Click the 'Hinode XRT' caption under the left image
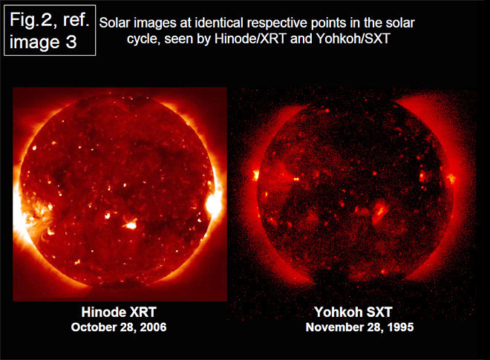119,312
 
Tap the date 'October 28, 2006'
119,327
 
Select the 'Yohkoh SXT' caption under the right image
353,312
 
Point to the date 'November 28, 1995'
359,327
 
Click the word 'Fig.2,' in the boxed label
32,20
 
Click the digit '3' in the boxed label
71,42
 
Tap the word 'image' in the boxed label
34,43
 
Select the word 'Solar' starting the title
114,23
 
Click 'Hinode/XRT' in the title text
250,39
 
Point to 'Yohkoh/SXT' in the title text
353,39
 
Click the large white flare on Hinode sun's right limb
214,204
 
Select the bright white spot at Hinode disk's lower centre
131,225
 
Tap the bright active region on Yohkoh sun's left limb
256,174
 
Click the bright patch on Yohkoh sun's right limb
451,178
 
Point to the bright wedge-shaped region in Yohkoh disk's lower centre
380,213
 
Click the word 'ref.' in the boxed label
76,20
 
